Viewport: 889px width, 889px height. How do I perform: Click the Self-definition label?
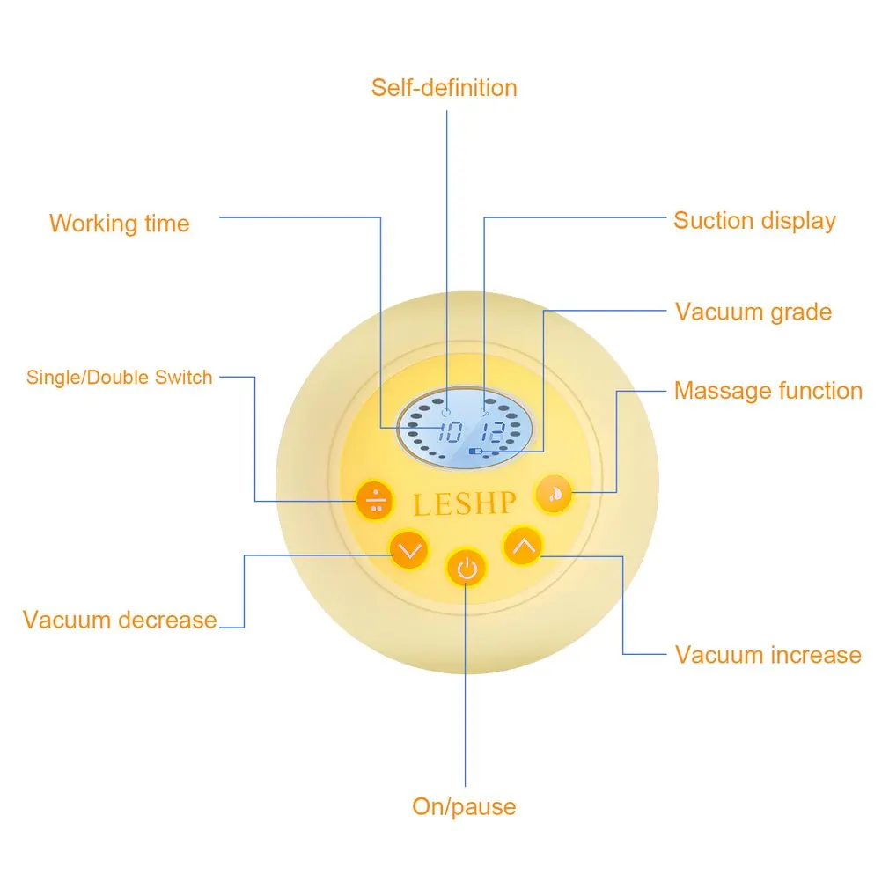[444, 88]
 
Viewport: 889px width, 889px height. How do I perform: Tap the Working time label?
[120, 224]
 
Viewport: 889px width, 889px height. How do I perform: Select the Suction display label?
[754, 220]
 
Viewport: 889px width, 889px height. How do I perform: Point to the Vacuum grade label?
[753, 312]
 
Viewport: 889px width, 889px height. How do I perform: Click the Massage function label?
[768, 391]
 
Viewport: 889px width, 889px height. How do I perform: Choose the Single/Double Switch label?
[120, 378]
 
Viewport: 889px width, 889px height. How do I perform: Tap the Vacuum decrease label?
[120, 620]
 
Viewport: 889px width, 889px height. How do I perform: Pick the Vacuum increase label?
[768, 655]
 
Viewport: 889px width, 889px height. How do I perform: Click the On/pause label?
[464, 806]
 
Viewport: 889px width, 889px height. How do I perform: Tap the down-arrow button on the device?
[408, 551]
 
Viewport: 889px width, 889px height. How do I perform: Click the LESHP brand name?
[465, 504]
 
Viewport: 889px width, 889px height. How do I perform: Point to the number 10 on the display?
[451, 432]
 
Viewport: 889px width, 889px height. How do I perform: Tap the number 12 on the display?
[493, 432]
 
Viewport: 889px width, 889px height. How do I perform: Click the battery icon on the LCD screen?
[476, 452]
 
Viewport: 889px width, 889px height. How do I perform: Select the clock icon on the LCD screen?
[445, 412]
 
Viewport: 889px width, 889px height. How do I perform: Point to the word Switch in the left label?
[184, 378]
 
